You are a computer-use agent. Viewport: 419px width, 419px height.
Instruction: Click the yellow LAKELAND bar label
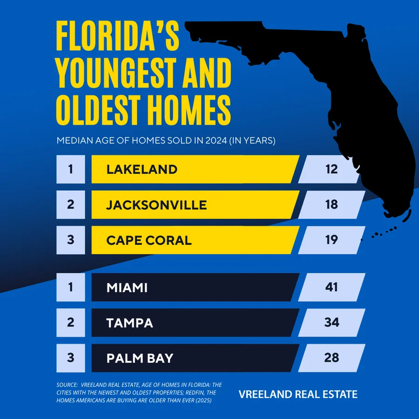point(142,169)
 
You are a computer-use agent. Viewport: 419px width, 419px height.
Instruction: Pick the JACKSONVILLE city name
point(156,205)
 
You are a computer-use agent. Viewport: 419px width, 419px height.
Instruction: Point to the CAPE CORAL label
point(149,240)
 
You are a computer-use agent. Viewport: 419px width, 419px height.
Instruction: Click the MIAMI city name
point(127,288)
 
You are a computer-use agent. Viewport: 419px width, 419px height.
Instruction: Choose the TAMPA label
point(129,323)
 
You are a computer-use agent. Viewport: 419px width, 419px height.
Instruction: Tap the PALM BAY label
point(140,358)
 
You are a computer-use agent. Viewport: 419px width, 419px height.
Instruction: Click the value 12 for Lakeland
point(331,169)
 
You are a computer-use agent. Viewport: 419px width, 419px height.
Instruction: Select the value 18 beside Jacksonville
point(331,205)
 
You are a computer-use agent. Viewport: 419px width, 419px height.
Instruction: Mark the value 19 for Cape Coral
point(331,240)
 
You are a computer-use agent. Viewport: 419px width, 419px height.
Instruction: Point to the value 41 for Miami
point(331,287)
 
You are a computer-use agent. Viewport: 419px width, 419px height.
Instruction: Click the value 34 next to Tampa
point(331,323)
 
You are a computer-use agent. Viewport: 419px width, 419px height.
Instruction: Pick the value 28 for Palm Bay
point(331,358)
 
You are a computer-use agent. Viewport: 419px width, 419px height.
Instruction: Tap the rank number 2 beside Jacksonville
point(70,205)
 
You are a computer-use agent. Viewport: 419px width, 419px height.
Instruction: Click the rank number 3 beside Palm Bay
point(70,358)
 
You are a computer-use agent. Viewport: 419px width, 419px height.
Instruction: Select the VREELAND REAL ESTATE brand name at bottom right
point(298,394)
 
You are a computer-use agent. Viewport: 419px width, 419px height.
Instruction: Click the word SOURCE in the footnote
point(66,385)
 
